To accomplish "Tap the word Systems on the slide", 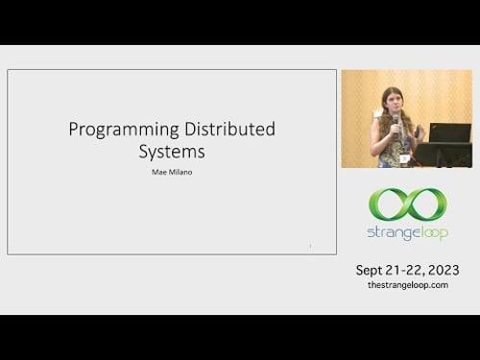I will click(x=170, y=152).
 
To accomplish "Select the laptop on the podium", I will click(x=449, y=132).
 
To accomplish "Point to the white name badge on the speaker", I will click(x=405, y=156).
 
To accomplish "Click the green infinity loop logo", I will click(x=408, y=204).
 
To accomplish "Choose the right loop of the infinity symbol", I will click(x=425, y=204).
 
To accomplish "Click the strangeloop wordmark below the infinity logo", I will click(x=408, y=233).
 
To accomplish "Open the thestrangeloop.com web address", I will click(x=408, y=286).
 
